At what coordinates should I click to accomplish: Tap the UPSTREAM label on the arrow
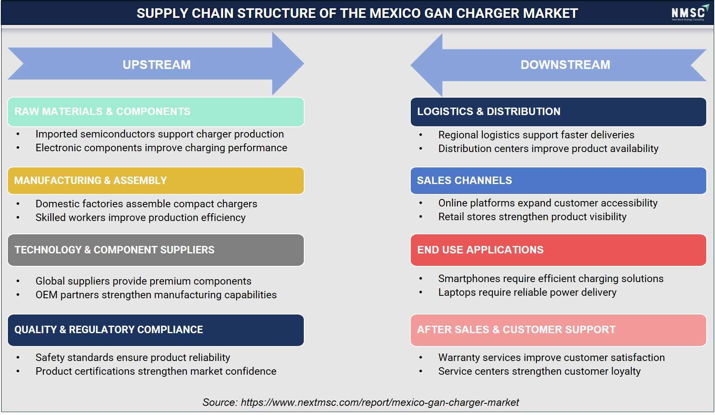pyautogui.click(x=156, y=65)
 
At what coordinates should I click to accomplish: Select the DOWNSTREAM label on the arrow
pyautogui.click(x=565, y=65)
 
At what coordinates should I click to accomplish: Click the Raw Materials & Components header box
pyautogui.click(x=156, y=112)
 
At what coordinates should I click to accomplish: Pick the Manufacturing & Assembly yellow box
pyautogui.click(x=156, y=181)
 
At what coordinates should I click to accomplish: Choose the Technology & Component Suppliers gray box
pyautogui.click(x=156, y=250)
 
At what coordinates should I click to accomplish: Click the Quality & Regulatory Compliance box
pyautogui.click(x=156, y=330)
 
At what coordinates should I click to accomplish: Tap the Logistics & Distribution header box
pyautogui.click(x=558, y=112)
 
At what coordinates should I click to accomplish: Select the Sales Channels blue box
pyautogui.click(x=558, y=181)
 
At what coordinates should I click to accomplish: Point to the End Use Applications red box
pyautogui.click(x=558, y=250)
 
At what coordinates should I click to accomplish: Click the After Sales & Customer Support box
pyautogui.click(x=558, y=330)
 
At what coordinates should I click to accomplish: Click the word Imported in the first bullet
pyautogui.click(x=56, y=134)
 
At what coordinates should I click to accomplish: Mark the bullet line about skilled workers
pyautogui.click(x=140, y=218)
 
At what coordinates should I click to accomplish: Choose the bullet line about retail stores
pyautogui.click(x=532, y=217)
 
